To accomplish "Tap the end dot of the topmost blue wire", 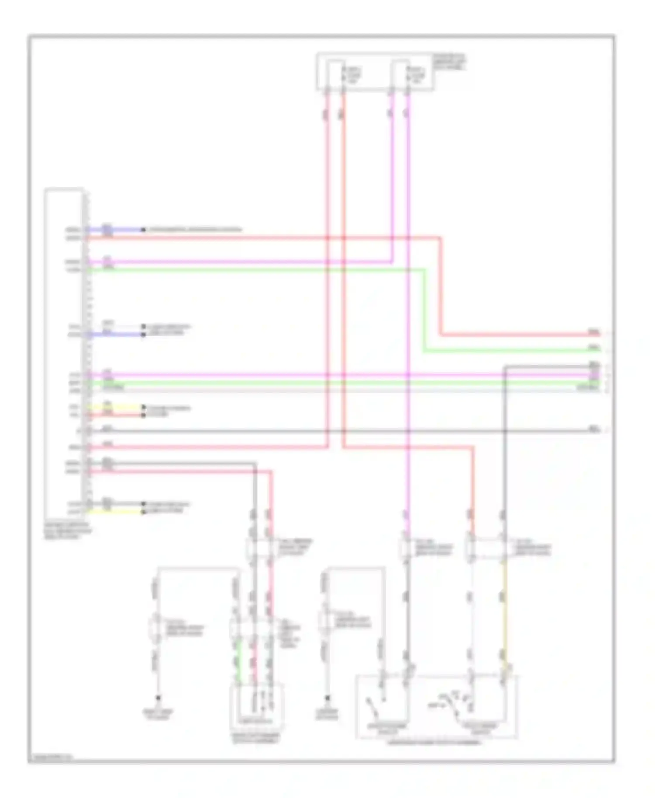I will click(143, 230).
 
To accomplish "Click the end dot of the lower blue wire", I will click(143, 335).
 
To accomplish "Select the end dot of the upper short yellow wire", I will click(143, 407).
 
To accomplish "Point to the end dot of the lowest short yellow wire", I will click(143, 511).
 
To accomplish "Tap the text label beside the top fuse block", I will click(450, 62).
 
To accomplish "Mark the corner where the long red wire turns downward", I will click(440, 238).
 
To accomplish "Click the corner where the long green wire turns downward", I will click(424, 270).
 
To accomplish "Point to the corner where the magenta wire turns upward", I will click(392, 262).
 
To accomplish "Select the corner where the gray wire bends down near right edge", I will click(505, 367).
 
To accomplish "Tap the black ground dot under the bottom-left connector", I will click(159, 698).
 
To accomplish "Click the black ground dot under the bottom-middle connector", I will click(327, 698).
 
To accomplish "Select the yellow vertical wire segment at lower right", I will click(505, 611).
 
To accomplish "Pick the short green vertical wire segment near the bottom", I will click(238, 659).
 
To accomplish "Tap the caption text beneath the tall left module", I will click(68, 531).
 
